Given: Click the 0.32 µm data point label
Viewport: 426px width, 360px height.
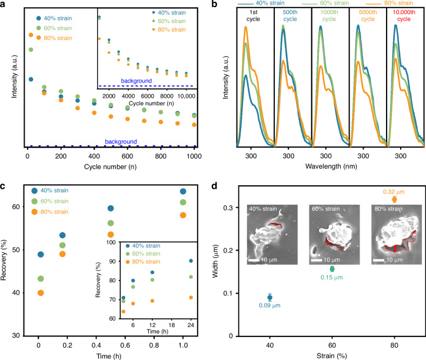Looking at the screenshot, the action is click(x=394, y=192).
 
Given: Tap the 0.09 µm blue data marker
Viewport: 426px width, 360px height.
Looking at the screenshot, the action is click(x=269, y=298).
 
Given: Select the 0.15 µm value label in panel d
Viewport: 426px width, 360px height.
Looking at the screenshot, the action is click(x=331, y=278).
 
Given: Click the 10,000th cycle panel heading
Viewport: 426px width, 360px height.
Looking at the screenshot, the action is click(x=404, y=15).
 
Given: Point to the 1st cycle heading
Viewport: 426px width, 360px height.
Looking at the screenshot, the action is click(x=253, y=15).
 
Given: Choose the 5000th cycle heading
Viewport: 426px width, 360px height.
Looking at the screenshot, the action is click(x=368, y=15).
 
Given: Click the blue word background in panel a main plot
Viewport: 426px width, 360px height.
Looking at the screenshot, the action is click(x=121, y=142).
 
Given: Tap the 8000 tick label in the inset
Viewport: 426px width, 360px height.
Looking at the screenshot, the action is click(x=167, y=96).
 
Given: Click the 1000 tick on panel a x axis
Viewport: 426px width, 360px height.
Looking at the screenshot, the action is click(x=194, y=156).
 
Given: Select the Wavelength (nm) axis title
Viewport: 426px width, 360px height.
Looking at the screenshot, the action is click(x=331, y=166).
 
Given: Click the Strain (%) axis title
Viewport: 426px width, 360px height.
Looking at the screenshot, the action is click(x=332, y=356).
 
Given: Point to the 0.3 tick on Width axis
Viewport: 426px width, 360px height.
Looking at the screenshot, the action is click(x=228, y=208).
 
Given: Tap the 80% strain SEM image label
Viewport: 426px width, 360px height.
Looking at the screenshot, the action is click(x=388, y=209).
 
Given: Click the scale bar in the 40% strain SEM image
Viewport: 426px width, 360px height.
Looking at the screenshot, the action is click(x=254, y=260).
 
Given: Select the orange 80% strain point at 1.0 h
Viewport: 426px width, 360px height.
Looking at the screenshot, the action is click(x=183, y=215).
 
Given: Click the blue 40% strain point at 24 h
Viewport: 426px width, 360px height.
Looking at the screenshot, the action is click(x=191, y=261).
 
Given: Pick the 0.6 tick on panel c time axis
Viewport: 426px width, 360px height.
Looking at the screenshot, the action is click(x=125, y=345).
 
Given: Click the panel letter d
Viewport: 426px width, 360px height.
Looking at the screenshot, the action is click(x=214, y=186).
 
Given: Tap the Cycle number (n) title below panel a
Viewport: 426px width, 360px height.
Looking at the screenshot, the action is click(x=110, y=166).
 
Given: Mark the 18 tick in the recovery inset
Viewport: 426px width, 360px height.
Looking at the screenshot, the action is click(x=171, y=325).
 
